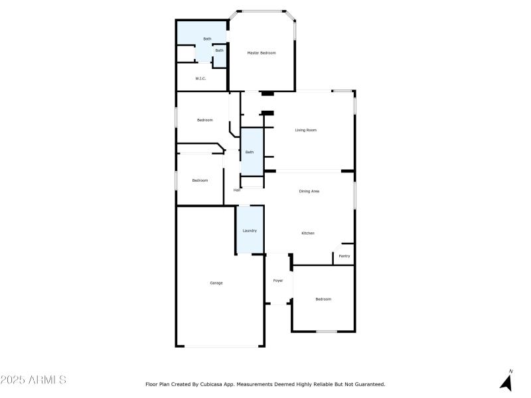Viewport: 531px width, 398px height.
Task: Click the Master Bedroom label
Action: pyautogui.click(x=262, y=52)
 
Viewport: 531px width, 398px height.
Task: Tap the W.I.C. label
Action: pyautogui.click(x=200, y=78)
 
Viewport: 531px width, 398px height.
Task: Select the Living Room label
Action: pyautogui.click(x=306, y=130)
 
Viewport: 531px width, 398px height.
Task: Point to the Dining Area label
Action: pyautogui.click(x=309, y=191)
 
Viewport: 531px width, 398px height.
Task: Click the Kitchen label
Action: pyautogui.click(x=308, y=233)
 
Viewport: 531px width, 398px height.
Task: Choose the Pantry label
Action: pyautogui.click(x=344, y=256)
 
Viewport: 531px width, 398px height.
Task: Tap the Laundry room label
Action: pyautogui.click(x=250, y=230)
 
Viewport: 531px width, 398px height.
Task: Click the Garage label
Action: pyautogui.click(x=216, y=283)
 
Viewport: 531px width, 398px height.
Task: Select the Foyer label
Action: pyautogui.click(x=278, y=281)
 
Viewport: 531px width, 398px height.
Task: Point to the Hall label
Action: pyautogui.click(x=236, y=190)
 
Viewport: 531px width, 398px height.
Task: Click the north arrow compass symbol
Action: pyautogui.click(x=507, y=380)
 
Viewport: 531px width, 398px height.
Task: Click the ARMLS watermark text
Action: pyautogui.click(x=33, y=380)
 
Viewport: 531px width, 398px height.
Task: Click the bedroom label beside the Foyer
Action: pyautogui.click(x=323, y=299)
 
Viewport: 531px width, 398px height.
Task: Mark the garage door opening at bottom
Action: pyautogui.click(x=222, y=346)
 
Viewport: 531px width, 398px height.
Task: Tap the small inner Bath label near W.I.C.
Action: pyautogui.click(x=219, y=50)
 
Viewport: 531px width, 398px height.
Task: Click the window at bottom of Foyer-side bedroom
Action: pyautogui.click(x=326, y=331)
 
